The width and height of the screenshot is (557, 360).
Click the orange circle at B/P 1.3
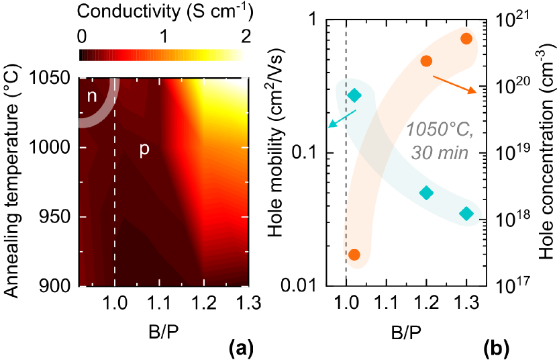[466, 38]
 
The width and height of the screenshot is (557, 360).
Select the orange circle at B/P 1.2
[426, 61]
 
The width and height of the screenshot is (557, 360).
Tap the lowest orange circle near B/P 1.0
[354, 255]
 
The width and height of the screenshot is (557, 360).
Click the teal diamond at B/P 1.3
[466, 214]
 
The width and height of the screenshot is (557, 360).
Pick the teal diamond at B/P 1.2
[426, 193]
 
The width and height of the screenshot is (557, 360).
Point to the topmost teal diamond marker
[354, 95]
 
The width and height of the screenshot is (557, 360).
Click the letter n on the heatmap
[92, 96]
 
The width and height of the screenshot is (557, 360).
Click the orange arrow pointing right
[454, 83]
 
